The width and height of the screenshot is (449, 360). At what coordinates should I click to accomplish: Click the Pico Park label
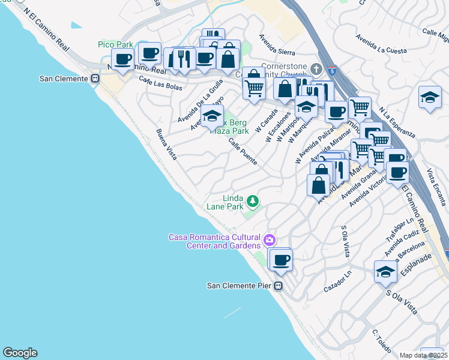click(115, 45)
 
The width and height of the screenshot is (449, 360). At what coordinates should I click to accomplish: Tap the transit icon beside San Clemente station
click(94, 79)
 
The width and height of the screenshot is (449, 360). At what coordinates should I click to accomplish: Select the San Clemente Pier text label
click(240, 286)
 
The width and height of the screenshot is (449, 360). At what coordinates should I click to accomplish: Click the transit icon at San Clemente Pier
click(278, 286)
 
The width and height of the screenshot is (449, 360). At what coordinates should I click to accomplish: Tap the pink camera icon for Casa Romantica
click(270, 240)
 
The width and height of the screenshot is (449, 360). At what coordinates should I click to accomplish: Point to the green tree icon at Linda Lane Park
click(253, 201)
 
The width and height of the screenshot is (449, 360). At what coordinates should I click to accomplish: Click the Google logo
click(20, 353)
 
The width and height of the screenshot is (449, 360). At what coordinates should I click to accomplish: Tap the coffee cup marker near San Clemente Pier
click(280, 260)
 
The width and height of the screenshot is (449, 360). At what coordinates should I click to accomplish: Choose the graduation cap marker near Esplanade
click(385, 271)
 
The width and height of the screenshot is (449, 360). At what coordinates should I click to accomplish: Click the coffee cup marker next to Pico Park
click(123, 59)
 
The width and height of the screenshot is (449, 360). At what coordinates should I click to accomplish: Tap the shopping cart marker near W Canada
click(254, 88)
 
